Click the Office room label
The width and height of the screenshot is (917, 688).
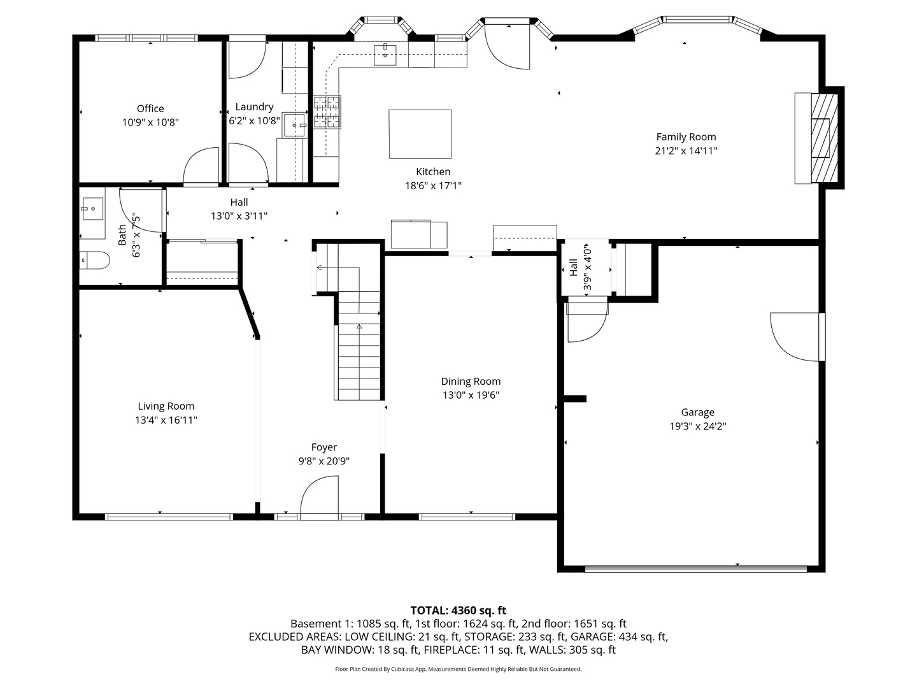(150, 108)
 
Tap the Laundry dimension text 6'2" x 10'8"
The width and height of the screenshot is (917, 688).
(254, 120)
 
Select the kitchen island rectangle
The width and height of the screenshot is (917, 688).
(420, 134)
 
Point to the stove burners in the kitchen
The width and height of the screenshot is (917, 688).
(327, 112)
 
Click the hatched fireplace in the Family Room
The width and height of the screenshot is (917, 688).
(824, 138)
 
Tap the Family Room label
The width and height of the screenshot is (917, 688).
(686, 136)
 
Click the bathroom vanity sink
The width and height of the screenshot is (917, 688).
(92, 208)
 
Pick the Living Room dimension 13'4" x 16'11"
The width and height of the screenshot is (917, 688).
(166, 420)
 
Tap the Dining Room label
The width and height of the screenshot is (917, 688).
(471, 381)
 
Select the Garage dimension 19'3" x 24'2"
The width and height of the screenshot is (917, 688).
(697, 426)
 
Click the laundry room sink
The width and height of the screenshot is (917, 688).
(294, 125)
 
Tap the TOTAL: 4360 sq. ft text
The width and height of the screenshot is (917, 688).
(458, 610)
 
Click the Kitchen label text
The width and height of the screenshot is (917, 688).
(433, 171)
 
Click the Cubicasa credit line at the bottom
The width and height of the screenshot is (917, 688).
(458, 669)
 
